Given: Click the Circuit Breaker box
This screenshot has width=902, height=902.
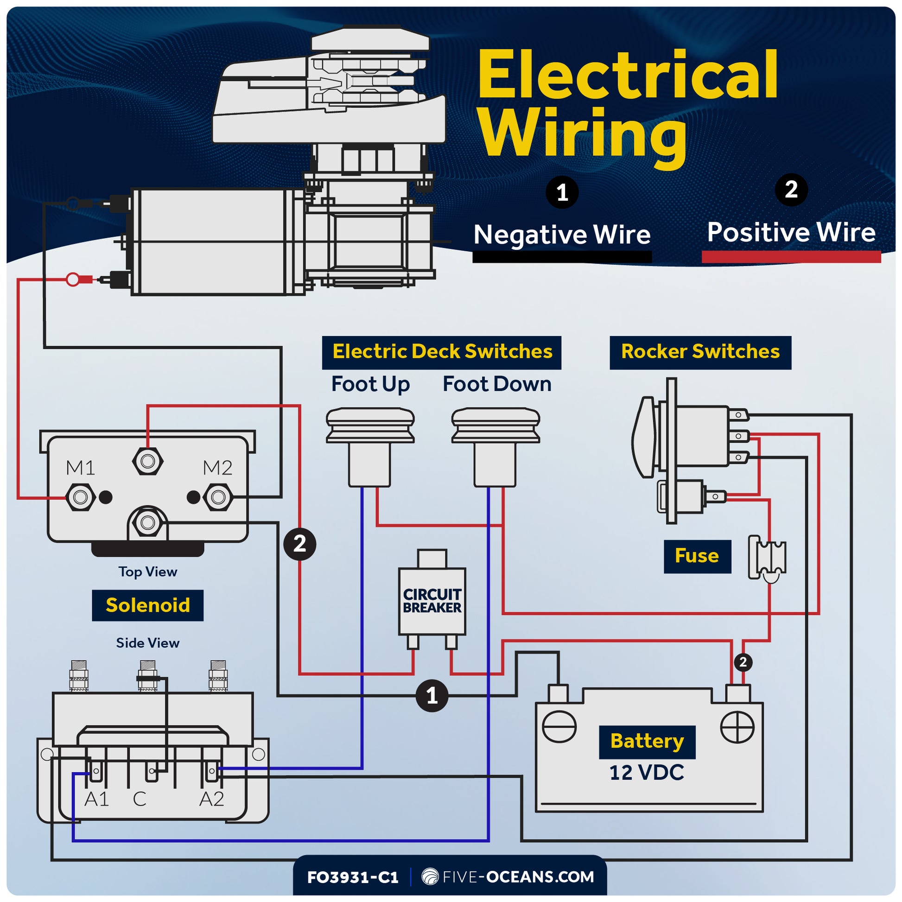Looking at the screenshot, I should pos(432,601).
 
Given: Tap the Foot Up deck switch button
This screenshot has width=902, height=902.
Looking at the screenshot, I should pos(370,425).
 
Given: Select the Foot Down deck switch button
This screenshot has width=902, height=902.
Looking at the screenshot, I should pos(495,425).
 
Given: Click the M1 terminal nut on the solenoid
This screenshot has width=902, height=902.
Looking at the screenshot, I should pos(80,497).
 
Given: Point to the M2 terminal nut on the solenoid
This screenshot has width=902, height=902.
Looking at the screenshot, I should pos(218,497).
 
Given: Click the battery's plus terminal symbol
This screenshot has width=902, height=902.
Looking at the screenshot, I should pos(737,727).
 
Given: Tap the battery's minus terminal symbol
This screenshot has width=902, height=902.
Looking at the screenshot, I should pos(559,727).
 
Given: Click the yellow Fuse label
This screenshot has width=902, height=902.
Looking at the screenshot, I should pos(697,556).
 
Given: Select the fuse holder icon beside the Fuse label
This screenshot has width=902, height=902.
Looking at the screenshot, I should pos(767,558).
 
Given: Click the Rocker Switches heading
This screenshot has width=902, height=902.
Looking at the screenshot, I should pos(700,352).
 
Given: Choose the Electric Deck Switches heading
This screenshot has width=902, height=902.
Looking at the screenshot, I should pos(442,352).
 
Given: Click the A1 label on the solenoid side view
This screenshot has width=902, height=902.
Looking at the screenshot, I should pos(96,799).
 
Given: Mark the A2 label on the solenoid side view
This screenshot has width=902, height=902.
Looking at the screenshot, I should pos(211,799).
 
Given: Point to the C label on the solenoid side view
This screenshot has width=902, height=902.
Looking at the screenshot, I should pos(140,799).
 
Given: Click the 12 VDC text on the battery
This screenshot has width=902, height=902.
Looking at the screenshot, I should pos(646,773).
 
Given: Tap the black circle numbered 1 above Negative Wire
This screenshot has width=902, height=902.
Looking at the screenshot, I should pos(562,192).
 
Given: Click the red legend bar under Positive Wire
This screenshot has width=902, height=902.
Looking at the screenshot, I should pos(790,257).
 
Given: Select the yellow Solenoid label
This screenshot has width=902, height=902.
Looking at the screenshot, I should pos(147,605).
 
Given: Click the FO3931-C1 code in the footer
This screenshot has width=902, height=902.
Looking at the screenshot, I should pos(352,877).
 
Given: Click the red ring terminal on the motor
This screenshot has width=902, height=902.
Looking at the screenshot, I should pos(73,279).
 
